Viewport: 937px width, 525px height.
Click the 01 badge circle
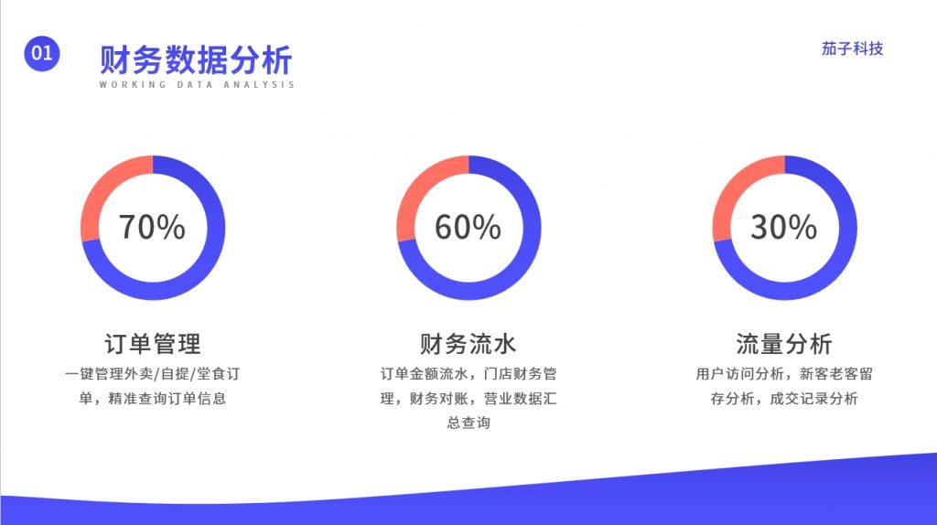(42, 53)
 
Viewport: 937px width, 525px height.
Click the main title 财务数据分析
(196, 59)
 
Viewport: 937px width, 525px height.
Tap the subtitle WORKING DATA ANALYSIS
(197, 85)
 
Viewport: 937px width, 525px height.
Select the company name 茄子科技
(852, 48)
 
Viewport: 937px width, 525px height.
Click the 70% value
(153, 227)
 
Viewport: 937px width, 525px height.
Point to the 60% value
(468, 227)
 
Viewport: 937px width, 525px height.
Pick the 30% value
(783, 227)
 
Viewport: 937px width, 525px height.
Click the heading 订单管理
(153, 344)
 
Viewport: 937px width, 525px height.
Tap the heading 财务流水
(468, 344)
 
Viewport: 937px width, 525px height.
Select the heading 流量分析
(784, 344)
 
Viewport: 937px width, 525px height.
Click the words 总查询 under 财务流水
(468, 423)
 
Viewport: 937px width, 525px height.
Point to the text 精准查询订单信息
(167, 399)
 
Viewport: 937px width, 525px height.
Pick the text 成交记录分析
(813, 399)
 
